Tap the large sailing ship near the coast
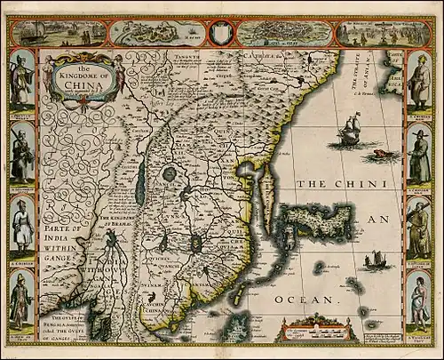pyautogui.click(x=347, y=134)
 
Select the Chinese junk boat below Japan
pyautogui.click(x=376, y=261)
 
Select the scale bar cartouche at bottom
pyautogui.click(x=315, y=330)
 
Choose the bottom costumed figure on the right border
pyautogui.click(x=418, y=299)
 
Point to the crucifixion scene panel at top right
pyautogui.click(x=371, y=33)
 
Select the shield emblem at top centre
pyautogui.click(x=222, y=33)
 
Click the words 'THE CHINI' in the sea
pyautogui.click(x=341, y=184)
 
